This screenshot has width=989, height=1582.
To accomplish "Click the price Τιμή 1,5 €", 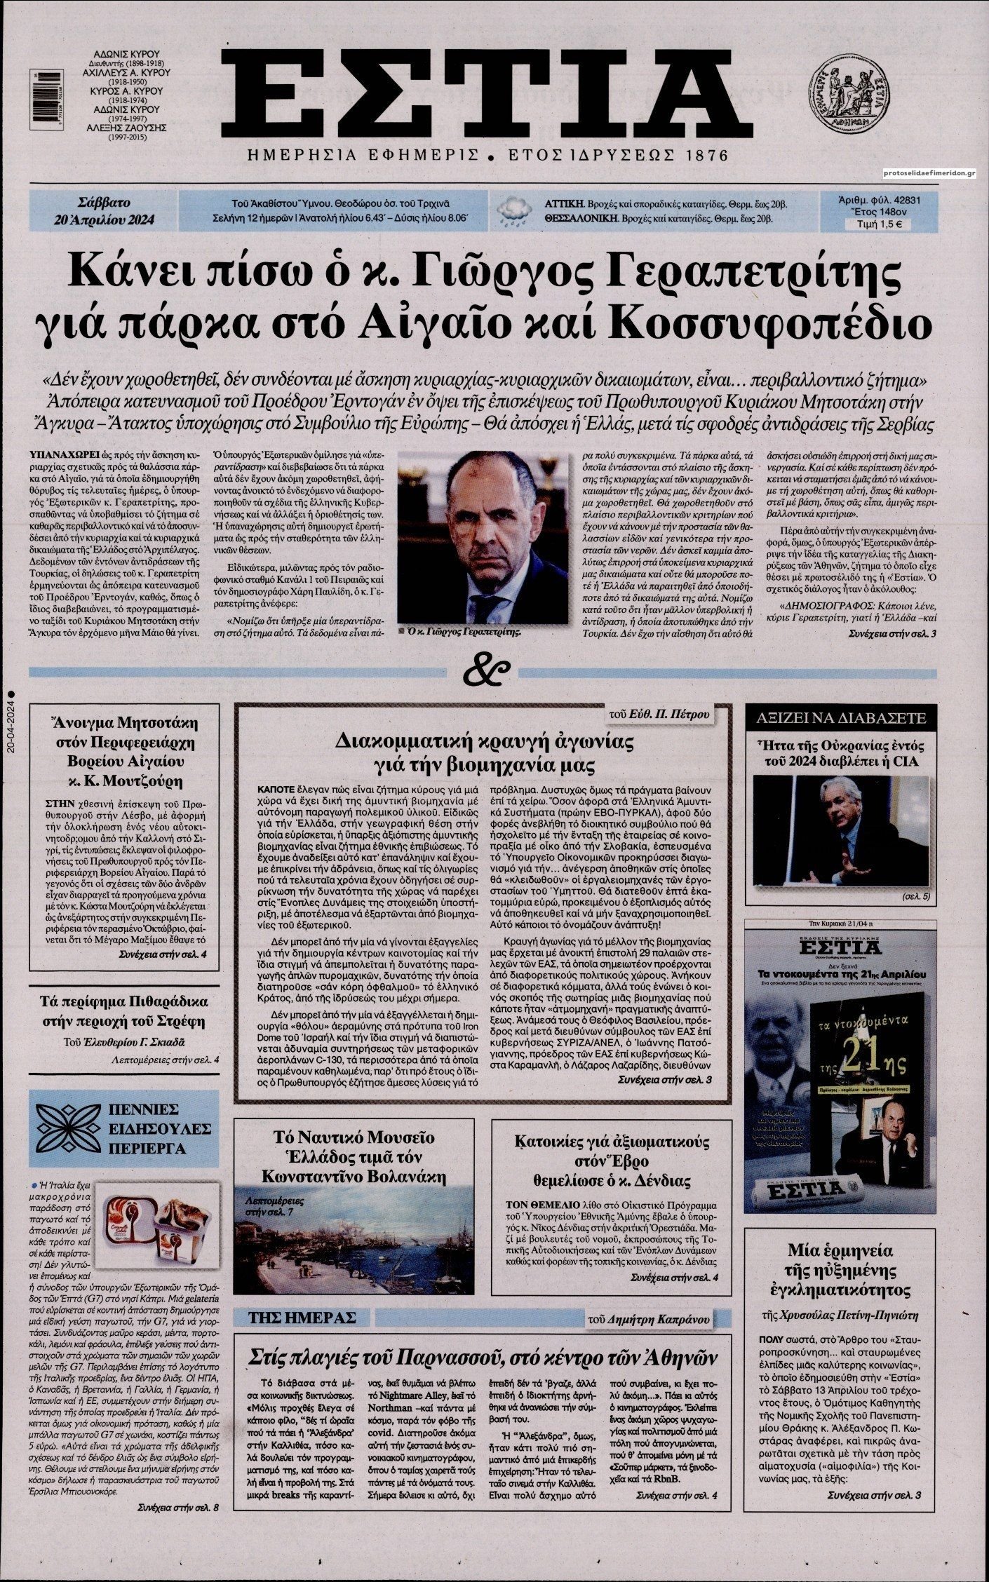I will [x=874, y=225].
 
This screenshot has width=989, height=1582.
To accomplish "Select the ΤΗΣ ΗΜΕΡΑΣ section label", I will [x=302, y=1318].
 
